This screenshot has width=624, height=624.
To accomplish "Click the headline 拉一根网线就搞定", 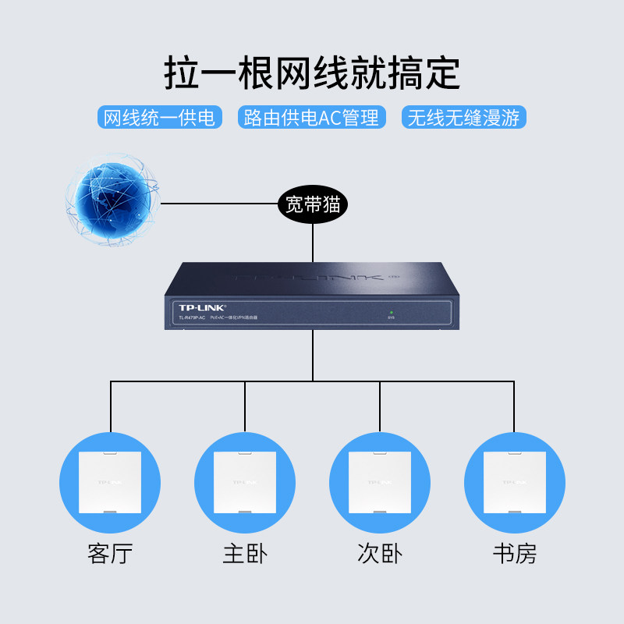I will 312,73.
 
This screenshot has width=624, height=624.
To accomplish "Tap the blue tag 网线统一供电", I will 159,118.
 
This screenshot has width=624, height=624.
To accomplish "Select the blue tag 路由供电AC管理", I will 311,118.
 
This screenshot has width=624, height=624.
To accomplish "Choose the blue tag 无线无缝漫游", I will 463,118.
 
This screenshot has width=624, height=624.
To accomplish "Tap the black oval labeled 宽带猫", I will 313,205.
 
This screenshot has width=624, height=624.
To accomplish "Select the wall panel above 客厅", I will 110,482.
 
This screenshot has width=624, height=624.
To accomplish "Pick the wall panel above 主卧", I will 245,482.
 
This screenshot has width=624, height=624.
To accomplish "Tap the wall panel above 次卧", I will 380,482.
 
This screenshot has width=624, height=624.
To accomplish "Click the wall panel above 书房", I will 514,482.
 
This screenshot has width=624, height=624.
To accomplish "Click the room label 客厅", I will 110,555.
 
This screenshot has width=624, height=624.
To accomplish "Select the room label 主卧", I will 245,555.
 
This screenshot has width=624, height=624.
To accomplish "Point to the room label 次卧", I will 380,555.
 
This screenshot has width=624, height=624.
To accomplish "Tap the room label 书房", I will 514,555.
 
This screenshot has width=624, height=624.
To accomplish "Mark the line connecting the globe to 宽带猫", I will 218,204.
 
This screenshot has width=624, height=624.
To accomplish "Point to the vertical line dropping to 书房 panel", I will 514,406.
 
